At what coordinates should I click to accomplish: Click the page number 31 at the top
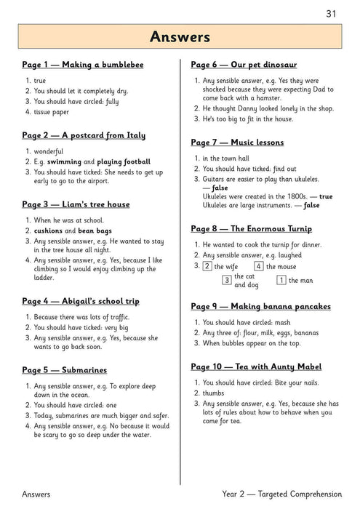tap(331, 13)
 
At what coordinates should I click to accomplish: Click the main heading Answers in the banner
tap(180, 37)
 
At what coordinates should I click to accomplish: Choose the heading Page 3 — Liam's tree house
tap(76, 204)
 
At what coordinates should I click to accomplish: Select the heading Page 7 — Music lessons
tap(237, 142)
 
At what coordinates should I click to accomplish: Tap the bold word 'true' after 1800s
tap(326, 196)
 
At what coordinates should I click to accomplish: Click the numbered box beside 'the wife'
tap(207, 266)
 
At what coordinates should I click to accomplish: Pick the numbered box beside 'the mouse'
tap(258, 266)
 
